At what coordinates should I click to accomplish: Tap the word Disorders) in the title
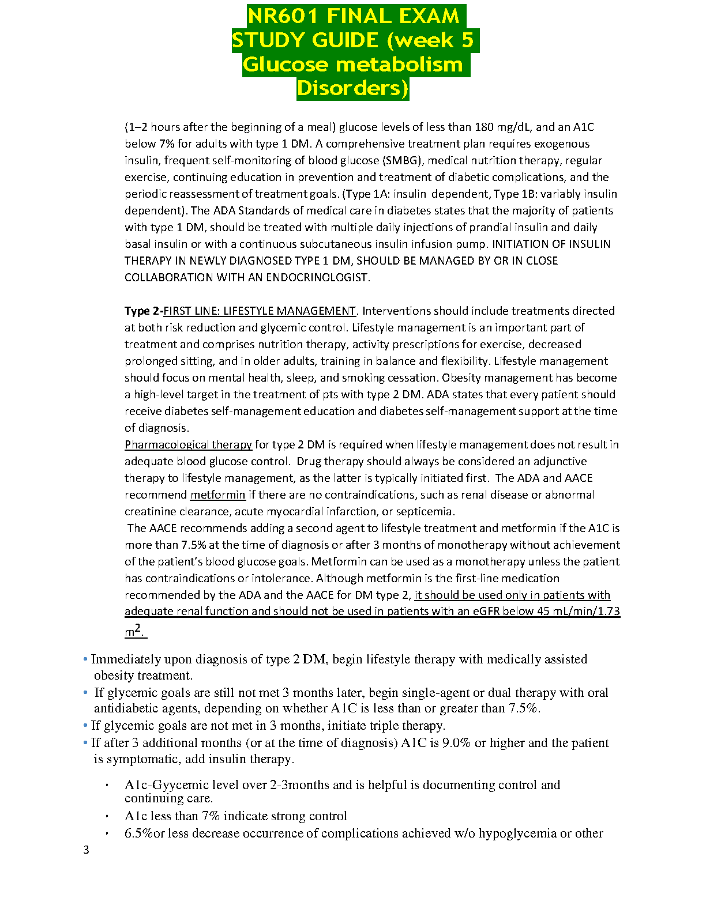[352, 88]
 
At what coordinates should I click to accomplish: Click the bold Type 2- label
[144, 311]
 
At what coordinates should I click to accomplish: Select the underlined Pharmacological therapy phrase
[188, 445]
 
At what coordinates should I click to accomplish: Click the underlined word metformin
[217, 495]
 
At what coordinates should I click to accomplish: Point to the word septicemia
[426, 512]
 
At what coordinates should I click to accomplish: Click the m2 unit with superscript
[133, 631]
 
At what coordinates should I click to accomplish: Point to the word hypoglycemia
[513, 833]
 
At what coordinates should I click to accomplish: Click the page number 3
[87, 850]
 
